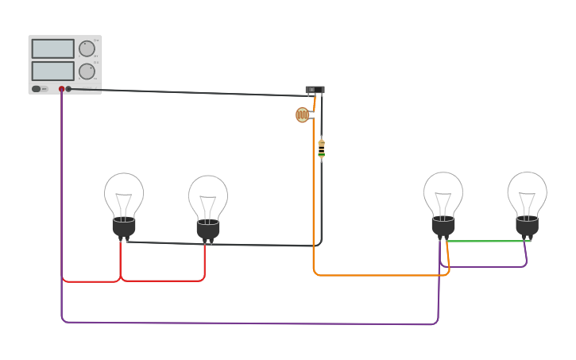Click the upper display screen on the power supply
pos(52,48)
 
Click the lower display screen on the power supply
pos(52,71)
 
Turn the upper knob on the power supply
pos(87,48)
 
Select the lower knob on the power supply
pos(87,71)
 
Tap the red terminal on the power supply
pos(61,89)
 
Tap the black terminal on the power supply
pos(68,89)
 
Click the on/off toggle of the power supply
pos(37,89)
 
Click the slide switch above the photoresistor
pos(315,90)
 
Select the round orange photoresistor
pos(302,114)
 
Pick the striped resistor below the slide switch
pos(321,149)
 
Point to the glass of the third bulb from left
pos(443,192)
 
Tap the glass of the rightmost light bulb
pos(528,192)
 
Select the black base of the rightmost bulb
pos(528,226)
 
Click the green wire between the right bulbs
pos(489,241)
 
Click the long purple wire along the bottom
pos(238,323)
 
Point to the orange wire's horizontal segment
pos(381,275)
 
